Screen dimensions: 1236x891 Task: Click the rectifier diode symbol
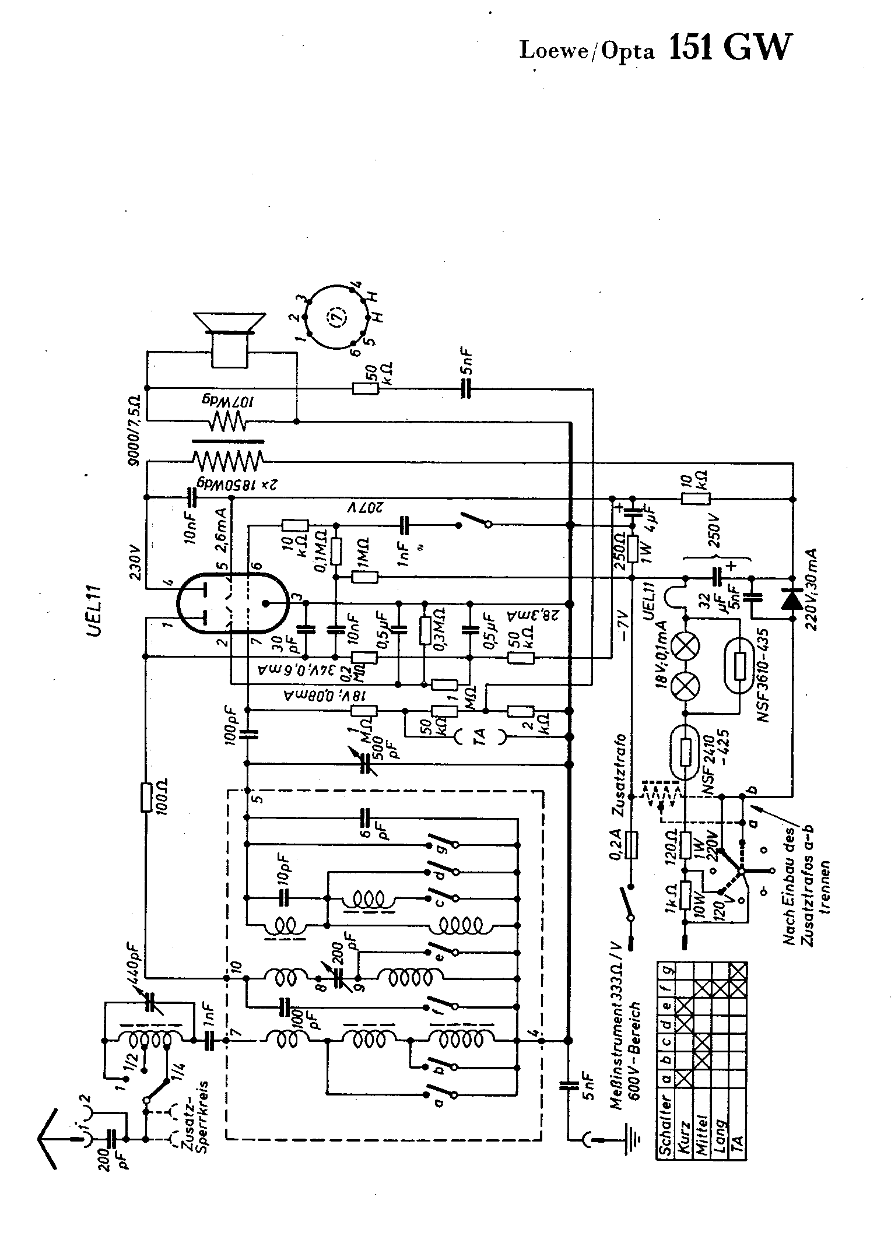[x=791, y=599]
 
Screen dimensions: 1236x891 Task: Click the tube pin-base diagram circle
[x=335, y=317]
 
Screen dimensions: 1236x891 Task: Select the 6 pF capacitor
[x=366, y=819]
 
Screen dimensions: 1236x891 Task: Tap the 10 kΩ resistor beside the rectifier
[x=696, y=498]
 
